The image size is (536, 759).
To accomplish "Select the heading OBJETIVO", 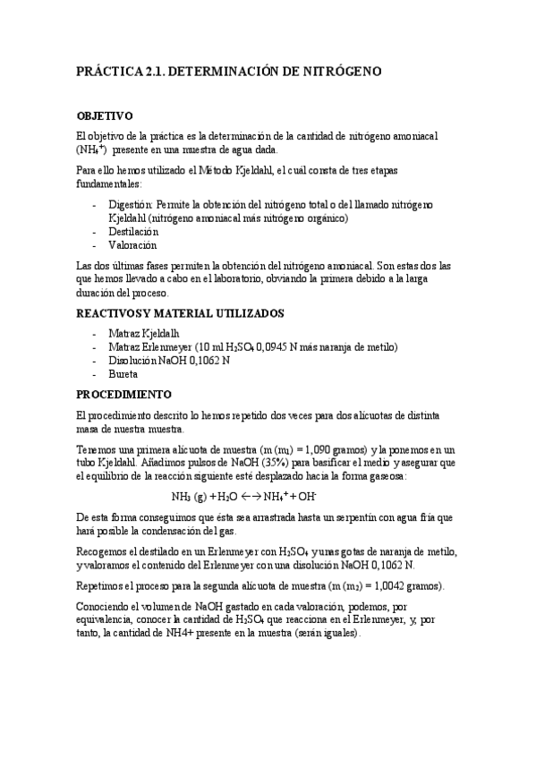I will pos(105,116).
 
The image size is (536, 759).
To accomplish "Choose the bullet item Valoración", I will pos(132,245).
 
